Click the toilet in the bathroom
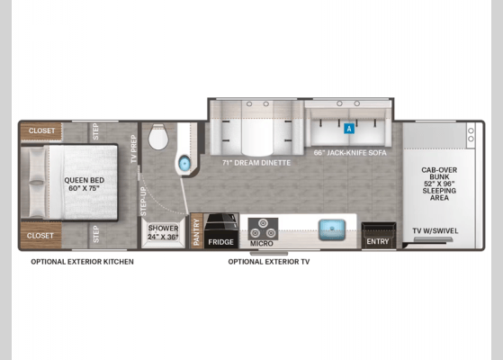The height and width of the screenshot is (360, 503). [158, 137]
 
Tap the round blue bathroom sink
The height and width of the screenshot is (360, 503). [184, 163]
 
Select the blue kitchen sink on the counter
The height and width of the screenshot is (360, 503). [332, 229]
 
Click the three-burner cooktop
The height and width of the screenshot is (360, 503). [263, 229]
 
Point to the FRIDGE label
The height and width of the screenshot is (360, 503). [220, 242]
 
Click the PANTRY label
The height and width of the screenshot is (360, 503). [196, 231]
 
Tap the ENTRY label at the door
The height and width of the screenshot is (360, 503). [378, 241]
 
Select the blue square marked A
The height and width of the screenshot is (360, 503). [349, 129]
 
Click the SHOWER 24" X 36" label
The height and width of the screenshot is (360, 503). [163, 232]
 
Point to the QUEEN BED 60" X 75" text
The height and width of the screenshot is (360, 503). [84, 184]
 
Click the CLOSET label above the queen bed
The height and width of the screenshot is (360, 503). [41, 130]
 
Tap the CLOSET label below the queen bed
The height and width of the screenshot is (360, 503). [40, 236]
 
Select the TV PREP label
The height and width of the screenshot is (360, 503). [134, 148]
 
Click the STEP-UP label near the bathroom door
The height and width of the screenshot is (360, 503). [143, 202]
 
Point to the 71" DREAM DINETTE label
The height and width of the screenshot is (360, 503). [256, 163]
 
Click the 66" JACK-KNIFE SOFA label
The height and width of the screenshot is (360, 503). [350, 153]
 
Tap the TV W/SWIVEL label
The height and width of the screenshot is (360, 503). [435, 230]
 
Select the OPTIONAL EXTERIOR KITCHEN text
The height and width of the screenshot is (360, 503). [82, 262]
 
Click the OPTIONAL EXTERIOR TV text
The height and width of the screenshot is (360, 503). [269, 262]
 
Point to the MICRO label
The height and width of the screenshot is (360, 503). [262, 244]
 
